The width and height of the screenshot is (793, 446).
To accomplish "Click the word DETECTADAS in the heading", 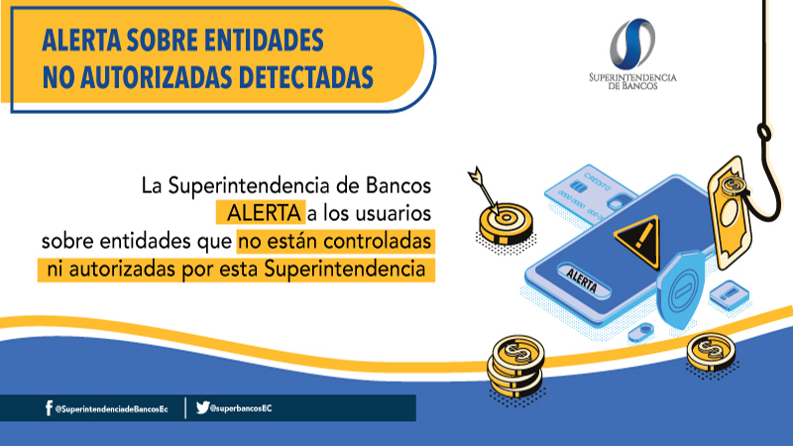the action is tap(305, 77).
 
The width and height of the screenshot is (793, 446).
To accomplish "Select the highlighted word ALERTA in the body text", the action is tap(264, 213).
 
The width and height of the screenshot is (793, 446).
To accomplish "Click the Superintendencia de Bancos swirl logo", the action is tap(632, 44).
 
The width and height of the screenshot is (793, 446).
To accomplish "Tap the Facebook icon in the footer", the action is tap(49, 408).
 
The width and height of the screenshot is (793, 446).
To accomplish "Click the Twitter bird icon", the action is tap(202, 407).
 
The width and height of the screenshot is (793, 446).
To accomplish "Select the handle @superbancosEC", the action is tap(241, 408).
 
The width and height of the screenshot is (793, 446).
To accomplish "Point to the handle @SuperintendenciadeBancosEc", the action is tap(111, 408).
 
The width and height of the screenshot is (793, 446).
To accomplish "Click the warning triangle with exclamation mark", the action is tap(637, 241).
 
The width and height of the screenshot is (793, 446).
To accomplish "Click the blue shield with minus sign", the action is tap(680, 290).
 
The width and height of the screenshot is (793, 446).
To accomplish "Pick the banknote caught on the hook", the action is tap(730, 213).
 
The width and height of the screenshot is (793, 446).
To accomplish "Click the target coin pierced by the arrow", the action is tap(506, 222).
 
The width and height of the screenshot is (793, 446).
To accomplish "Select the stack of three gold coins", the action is tap(515, 366).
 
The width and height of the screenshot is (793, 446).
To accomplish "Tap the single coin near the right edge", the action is tap(711, 351).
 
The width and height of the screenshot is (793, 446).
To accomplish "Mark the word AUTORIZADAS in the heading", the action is tap(157, 77).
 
